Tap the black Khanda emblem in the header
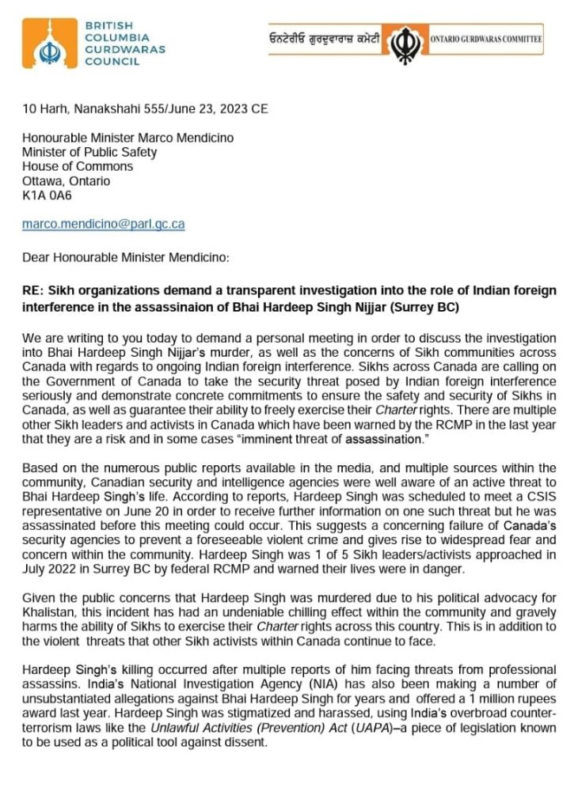pyautogui.click(x=406, y=39)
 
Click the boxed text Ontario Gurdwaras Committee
pyautogui.click(x=487, y=38)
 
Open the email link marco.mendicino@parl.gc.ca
pyautogui.click(x=103, y=224)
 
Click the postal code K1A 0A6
pyautogui.click(x=47, y=195)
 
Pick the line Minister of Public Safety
pyautogui.click(x=89, y=152)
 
